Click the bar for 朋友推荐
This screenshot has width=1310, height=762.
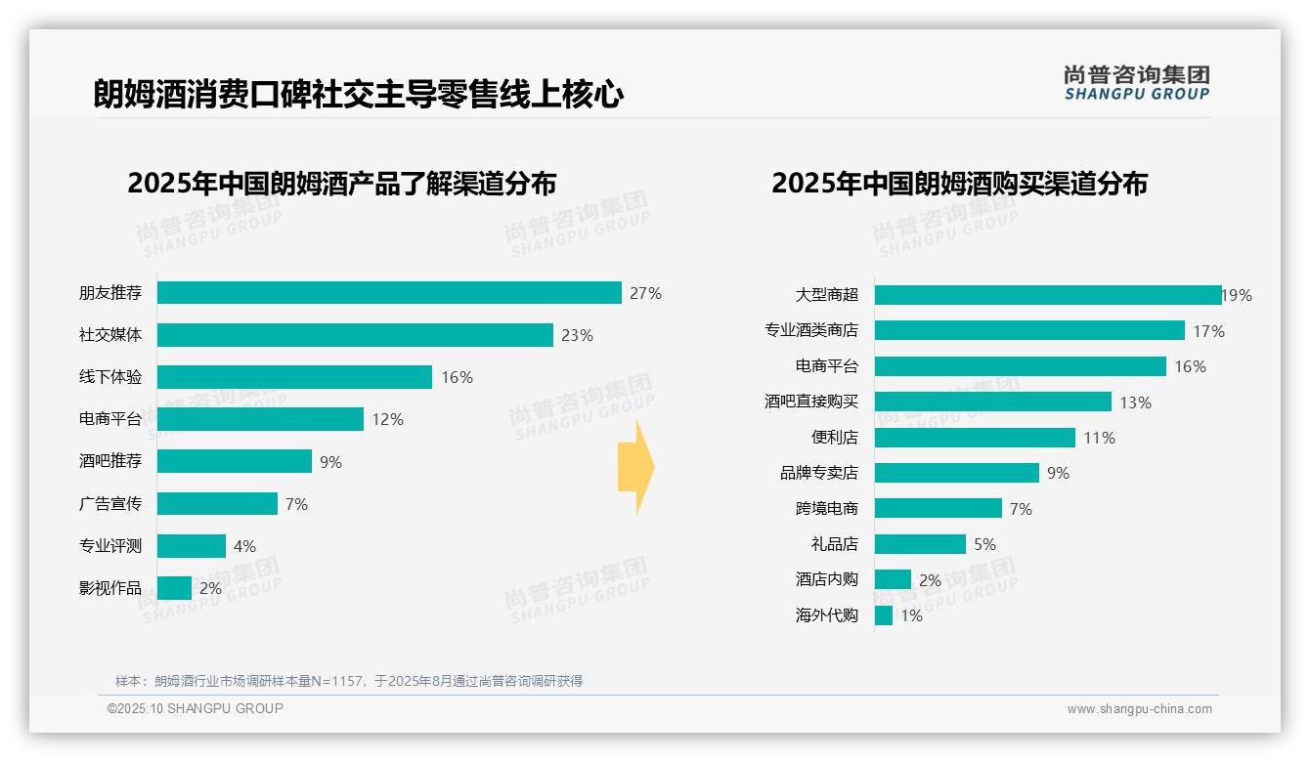pos(389,293)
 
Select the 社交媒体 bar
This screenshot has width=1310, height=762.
pos(355,335)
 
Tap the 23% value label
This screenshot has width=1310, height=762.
pos(577,335)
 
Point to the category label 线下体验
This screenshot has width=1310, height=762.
pos(110,377)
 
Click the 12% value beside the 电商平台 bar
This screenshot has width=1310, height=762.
pos(387,419)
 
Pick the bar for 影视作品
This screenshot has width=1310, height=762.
pos(174,588)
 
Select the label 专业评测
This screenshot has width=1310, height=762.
pos(110,546)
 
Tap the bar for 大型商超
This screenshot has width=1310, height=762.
pos(1047,295)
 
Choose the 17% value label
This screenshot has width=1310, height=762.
pos(1208,331)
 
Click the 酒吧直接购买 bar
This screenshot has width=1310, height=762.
pos(992,402)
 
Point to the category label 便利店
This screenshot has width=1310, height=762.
pos(834,438)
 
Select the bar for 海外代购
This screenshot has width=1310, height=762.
pos(884,615)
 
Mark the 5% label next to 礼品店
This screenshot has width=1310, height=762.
pos(984,544)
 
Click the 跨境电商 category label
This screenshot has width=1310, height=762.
pos(826,508)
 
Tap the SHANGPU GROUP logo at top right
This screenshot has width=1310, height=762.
pos(1136,83)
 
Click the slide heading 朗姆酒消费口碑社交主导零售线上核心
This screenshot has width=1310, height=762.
pos(358,95)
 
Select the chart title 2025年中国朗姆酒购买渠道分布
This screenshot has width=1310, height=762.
pos(959,184)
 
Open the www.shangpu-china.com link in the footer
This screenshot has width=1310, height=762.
pos(1139,709)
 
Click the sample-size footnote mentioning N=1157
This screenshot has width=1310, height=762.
pos(349,681)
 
